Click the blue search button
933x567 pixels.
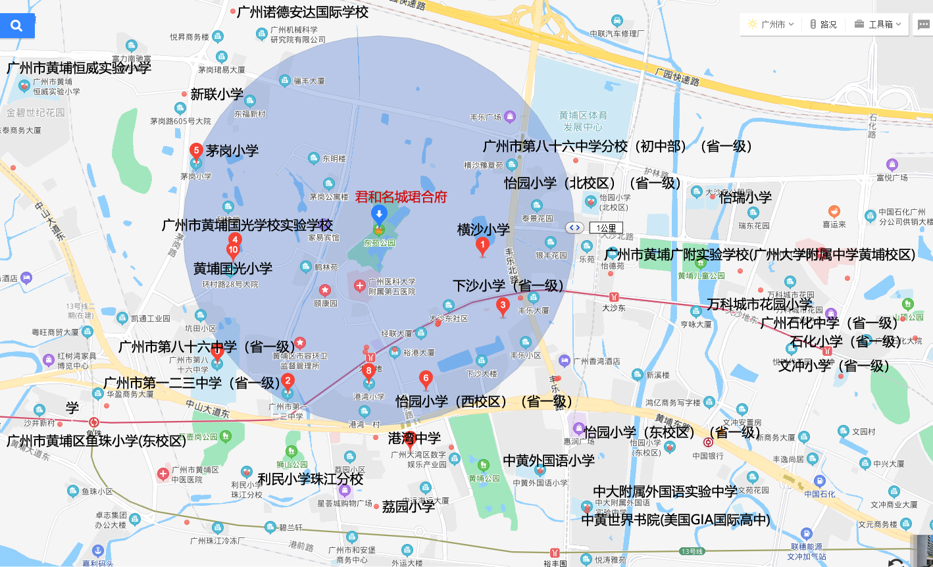tap(17, 26)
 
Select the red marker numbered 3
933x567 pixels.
tap(503, 306)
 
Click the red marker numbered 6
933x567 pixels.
tap(426, 379)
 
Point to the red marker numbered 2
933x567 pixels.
tap(288, 382)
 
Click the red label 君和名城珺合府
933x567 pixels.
tap(401, 197)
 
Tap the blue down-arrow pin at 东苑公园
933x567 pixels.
tap(378, 213)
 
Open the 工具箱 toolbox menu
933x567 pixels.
tap(878, 24)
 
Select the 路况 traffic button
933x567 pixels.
tap(823, 24)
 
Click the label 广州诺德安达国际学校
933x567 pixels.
tap(302, 12)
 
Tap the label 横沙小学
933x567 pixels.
tap(483, 230)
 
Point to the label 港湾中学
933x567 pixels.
tap(414, 437)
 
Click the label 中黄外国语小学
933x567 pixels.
tap(549, 460)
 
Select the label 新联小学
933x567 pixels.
tap(216, 94)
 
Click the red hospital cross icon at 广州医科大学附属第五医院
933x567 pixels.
tap(359, 286)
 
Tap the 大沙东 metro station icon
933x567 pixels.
tap(614, 297)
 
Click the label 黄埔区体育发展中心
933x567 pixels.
tap(583, 121)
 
